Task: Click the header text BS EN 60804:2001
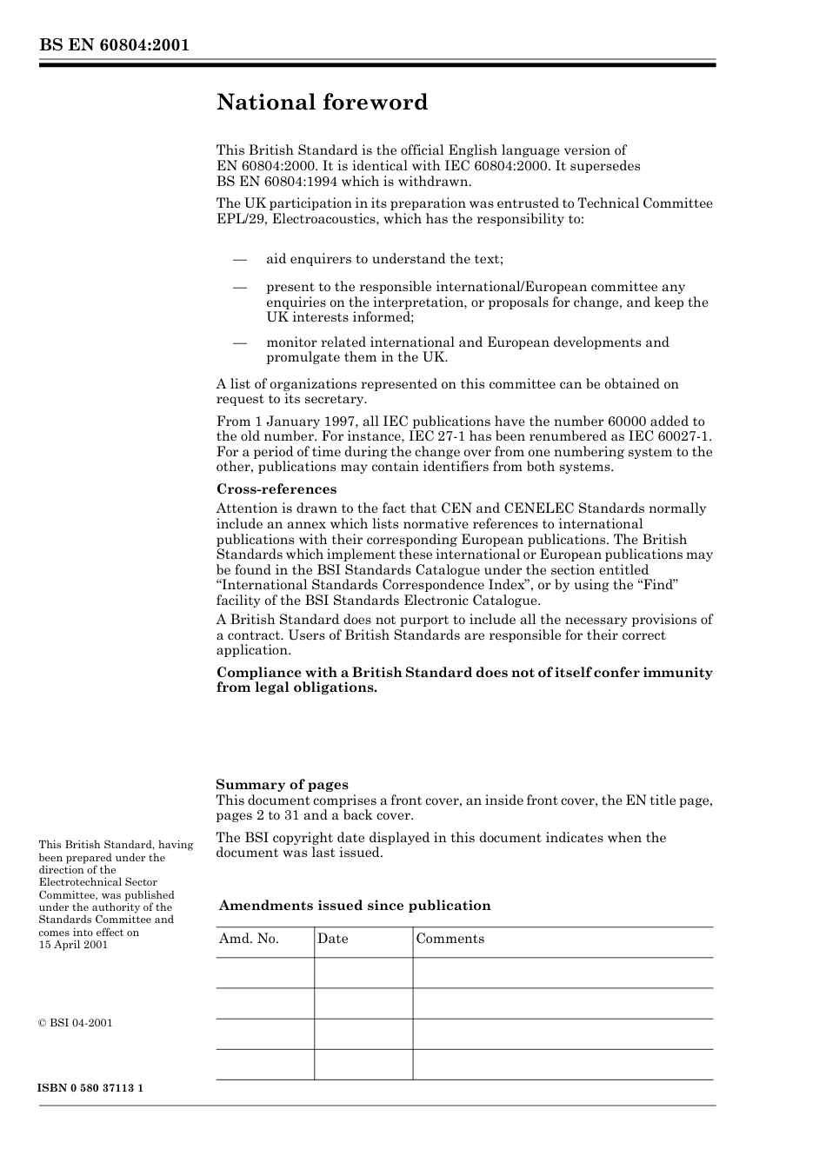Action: tap(114, 46)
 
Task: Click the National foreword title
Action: tap(322, 103)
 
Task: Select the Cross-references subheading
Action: tap(276, 489)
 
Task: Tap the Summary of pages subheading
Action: tap(282, 785)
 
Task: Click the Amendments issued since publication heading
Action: tap(355, 906)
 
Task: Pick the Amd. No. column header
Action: tap(249, 939)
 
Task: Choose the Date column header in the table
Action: tap(332, 939)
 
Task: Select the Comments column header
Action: tap(450, 939)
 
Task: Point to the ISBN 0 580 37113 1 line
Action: tap(91, 1088)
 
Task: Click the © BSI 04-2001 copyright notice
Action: tap(76, 1023)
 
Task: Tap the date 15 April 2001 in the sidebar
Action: tap(73, 945)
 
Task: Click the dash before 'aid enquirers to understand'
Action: tap(239, 259)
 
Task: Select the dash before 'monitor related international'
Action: tap(239, 342)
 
